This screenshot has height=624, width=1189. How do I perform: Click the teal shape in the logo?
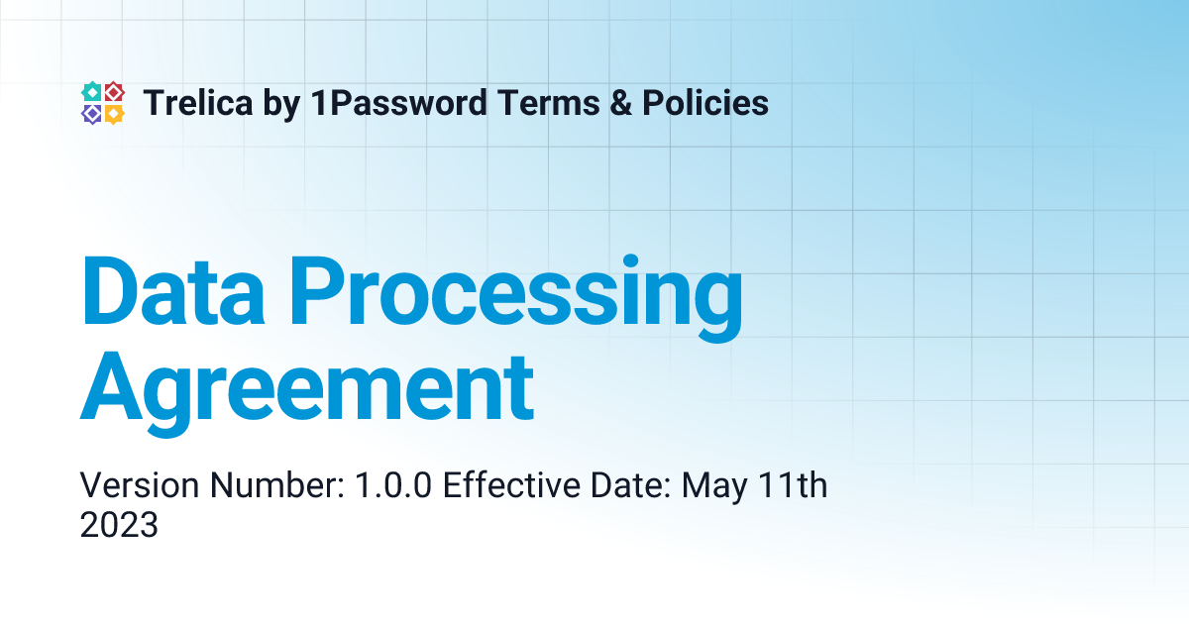tap(91, 91)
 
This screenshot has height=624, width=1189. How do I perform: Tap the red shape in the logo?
tap(114, 91)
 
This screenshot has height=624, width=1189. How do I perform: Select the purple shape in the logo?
tap(91, 114)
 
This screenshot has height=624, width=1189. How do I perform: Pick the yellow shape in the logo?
tap(114, 114)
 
